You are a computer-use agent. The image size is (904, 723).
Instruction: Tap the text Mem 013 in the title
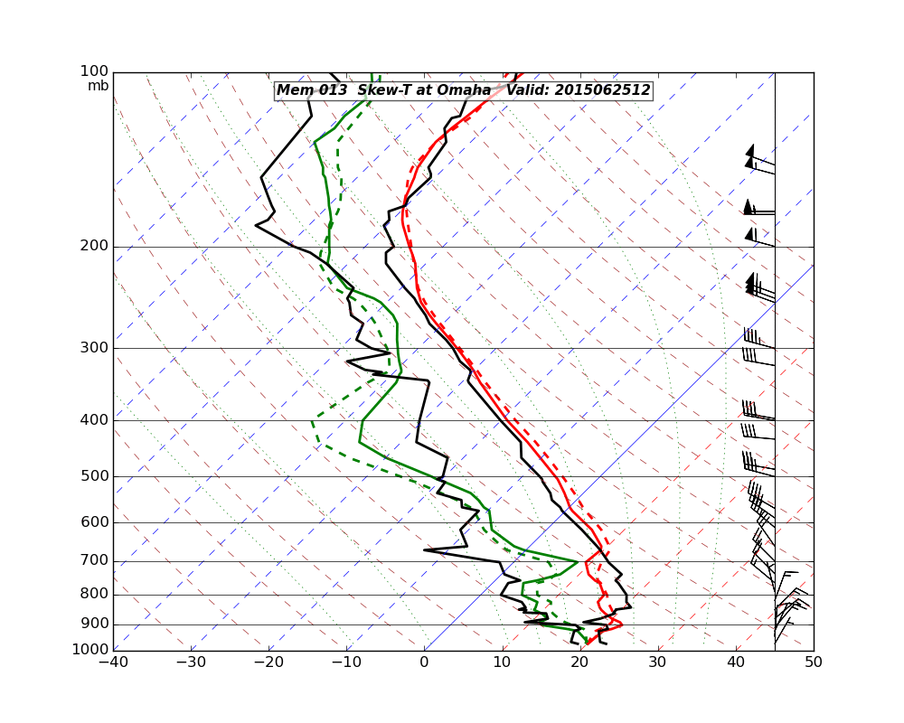tap(306, 90)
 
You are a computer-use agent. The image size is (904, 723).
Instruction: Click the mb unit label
tap(98, 86)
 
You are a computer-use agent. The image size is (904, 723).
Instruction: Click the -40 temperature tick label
tap(113, 662)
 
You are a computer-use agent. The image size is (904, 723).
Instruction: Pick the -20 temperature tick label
tap(268, 662)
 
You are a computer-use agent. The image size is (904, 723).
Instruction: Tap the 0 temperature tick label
tap(425, 662)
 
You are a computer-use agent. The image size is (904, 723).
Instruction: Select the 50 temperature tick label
tap(814, 662)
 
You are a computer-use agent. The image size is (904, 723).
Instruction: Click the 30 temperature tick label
tap(658, 662)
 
